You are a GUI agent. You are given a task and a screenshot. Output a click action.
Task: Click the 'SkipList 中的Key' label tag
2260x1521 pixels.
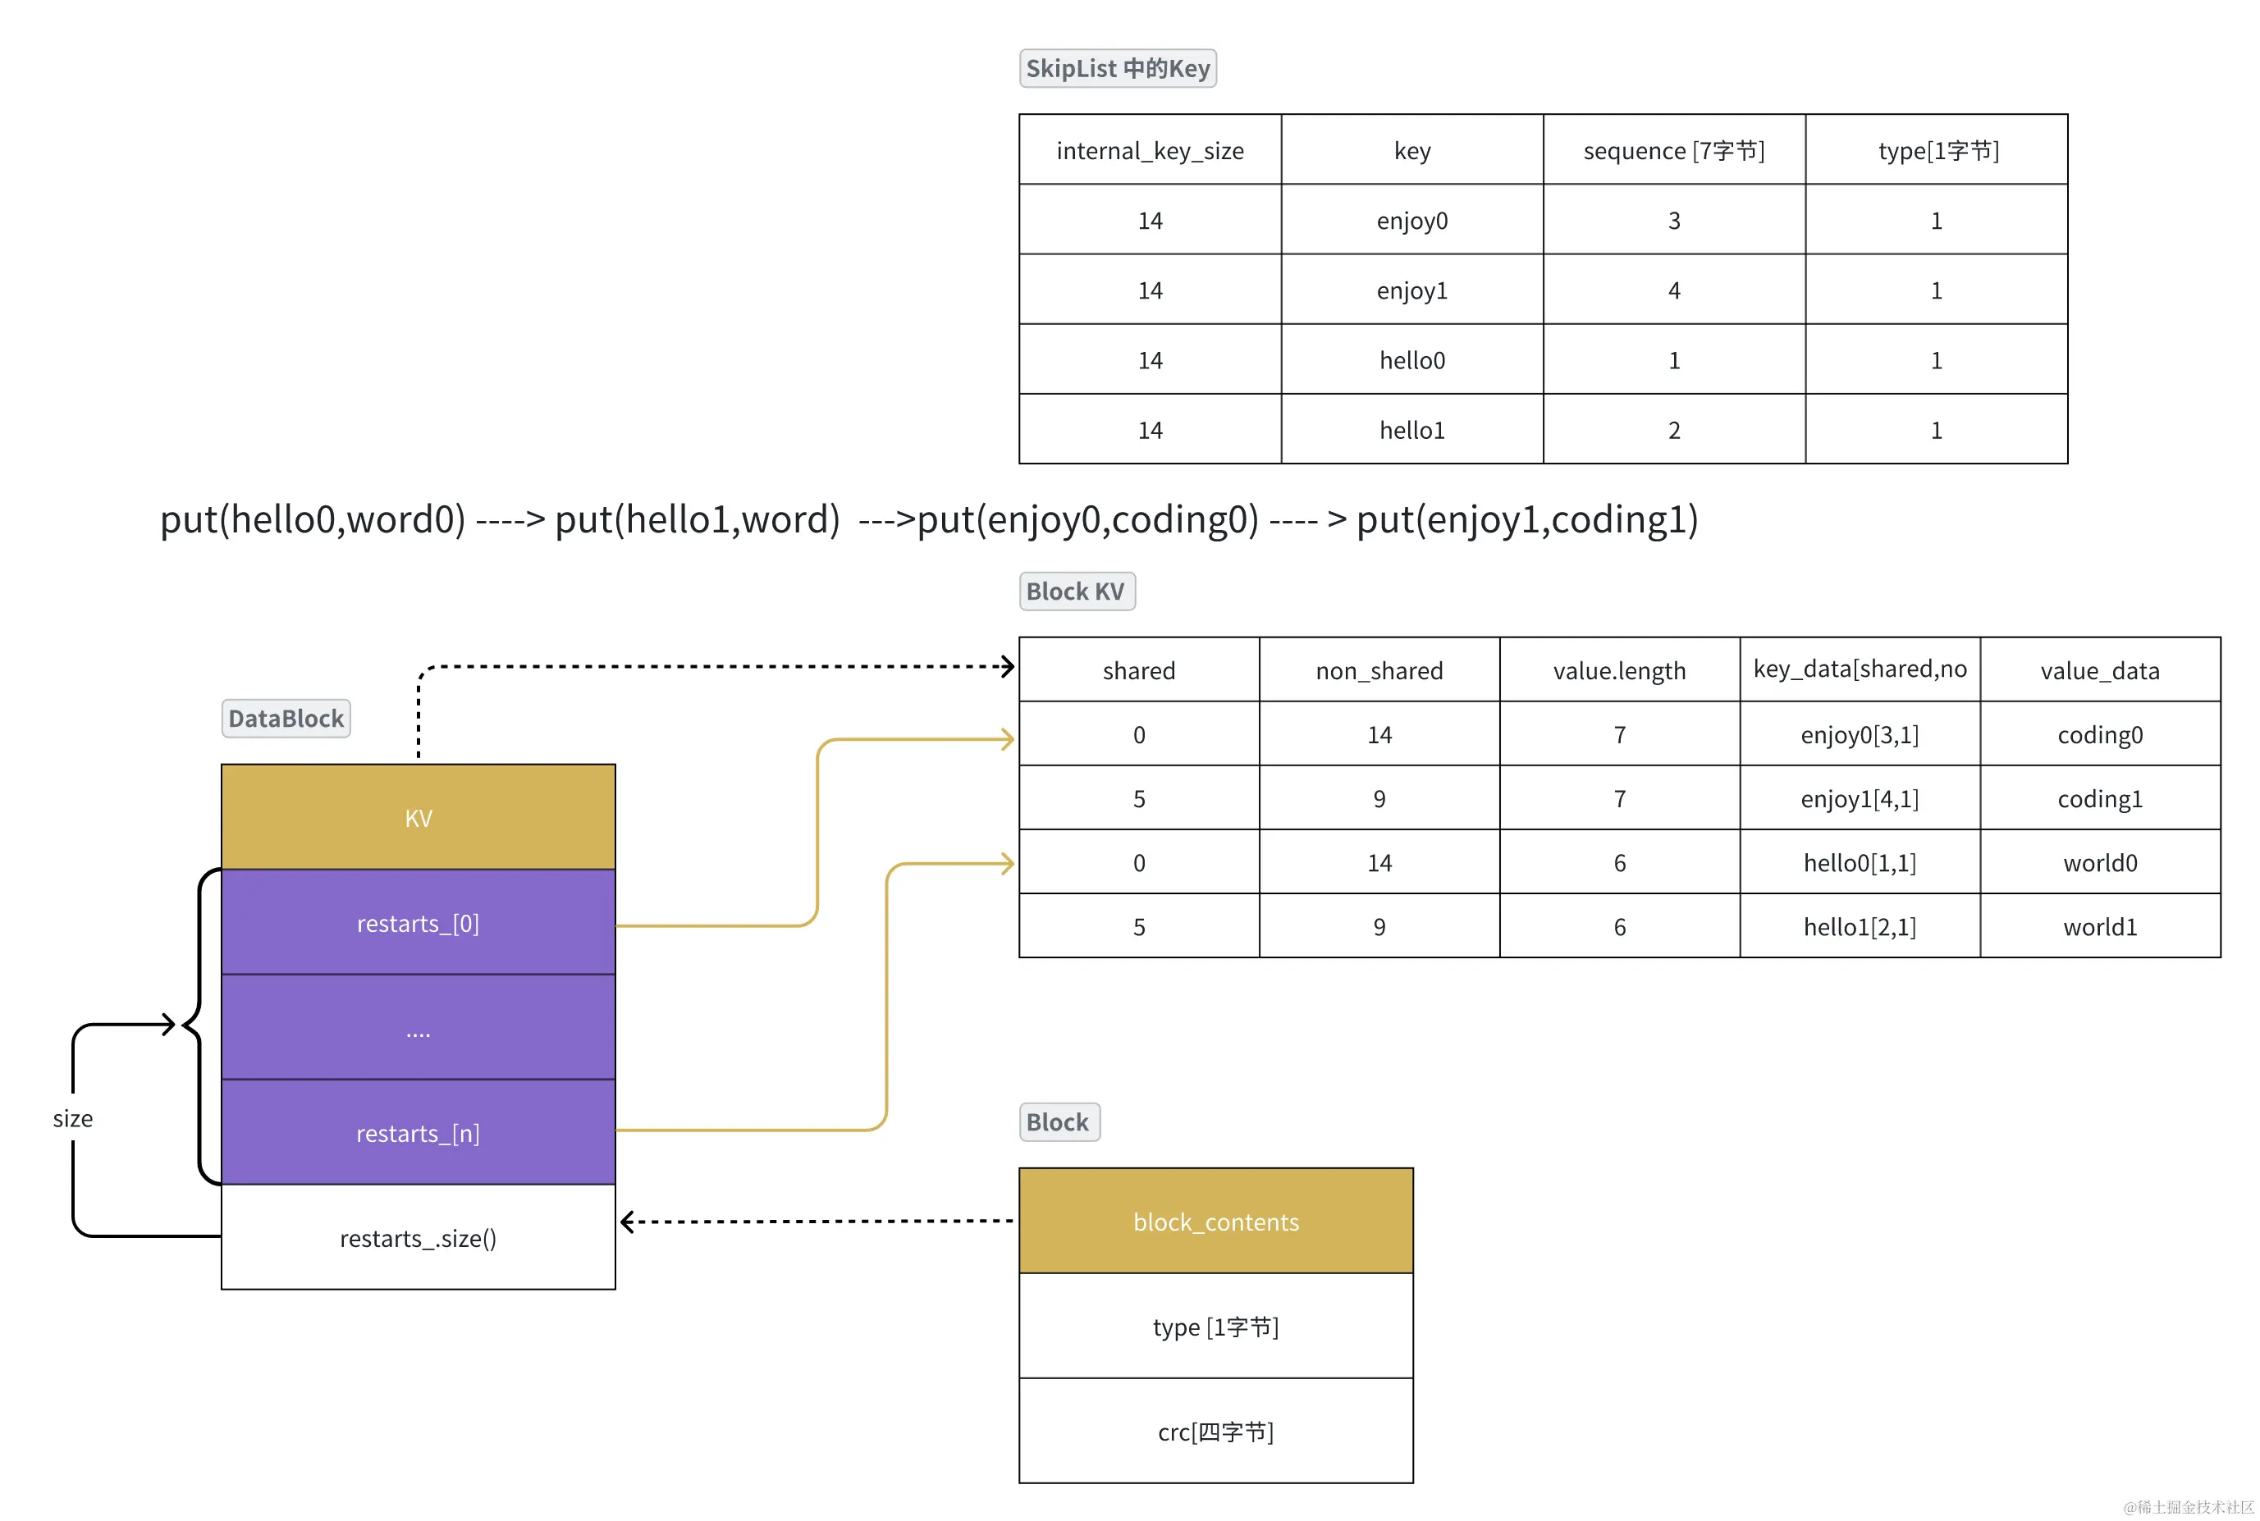pyautogui.click(x=1117, y=69)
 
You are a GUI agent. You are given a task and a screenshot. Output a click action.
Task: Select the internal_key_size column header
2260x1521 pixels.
pyautogui.click(x=1149, y=150)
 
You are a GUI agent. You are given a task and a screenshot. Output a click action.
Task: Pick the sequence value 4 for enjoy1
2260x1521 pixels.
pyautogui.click(x=1673, y=290)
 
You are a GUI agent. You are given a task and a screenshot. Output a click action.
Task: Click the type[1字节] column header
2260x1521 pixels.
pyautogui.click(x=1936, y=150)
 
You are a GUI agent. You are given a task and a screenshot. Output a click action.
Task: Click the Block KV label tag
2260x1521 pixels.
pyautogui.click(x=1075, y=591)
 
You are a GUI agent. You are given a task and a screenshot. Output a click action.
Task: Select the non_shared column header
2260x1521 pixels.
pyautogui.click(x=1378, y=670)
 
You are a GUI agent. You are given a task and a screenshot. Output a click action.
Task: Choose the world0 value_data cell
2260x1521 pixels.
pyautogui.click(x=2099, y=862)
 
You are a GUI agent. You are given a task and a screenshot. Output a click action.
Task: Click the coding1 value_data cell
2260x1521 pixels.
pyautogui.click(x=2099, y=798)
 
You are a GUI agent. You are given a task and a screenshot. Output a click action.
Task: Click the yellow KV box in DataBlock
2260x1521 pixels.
pyautogui.click(x=419, y=817)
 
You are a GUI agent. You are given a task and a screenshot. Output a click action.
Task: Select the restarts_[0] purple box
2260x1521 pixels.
pyautogui.click(x=419, y=922)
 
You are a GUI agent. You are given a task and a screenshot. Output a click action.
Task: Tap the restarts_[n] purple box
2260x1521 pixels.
pyautogui.click(x=419, y=1132)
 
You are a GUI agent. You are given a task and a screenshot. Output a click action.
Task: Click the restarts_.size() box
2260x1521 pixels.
pyautogui.click(x=419, y=1238)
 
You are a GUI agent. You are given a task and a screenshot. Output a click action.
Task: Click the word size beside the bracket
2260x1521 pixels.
pyautogui.click(x=73, y=1118)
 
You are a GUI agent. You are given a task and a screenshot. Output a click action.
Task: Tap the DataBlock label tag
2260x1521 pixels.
pyautogui.click(x=286, y=719)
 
